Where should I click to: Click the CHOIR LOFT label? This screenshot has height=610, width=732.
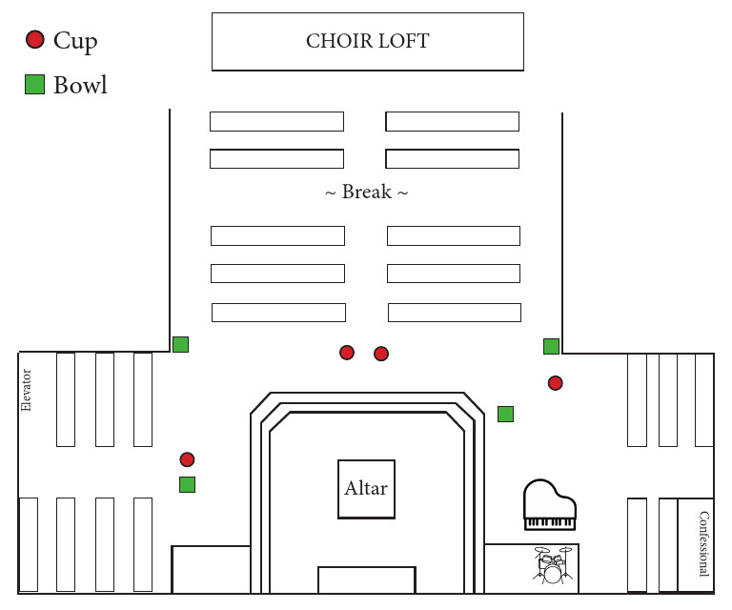pos(367,41)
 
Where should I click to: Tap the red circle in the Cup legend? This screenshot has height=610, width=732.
pos(35,39)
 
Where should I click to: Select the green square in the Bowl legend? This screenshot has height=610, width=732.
pos(35,85)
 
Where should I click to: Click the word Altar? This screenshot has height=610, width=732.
pos(366,488)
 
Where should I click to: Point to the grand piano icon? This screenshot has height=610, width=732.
pos(550,505)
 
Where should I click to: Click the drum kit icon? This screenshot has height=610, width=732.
pos(553,565)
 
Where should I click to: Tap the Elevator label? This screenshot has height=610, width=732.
pos(27,390)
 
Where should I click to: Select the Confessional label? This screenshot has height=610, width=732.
pos(703,544)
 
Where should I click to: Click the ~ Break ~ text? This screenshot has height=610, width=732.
pos(366,193)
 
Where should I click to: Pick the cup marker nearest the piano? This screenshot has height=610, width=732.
pos(555,383)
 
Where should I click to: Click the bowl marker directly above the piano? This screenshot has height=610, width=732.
pos(505,414)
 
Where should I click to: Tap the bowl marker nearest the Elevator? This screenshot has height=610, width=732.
pos(180,344)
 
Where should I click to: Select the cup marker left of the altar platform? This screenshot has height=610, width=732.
pos(187,459)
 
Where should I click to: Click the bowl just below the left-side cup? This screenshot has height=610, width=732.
pos(187,484)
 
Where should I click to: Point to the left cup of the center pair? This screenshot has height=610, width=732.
pos(347,353)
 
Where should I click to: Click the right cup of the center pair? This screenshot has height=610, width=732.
pos(381,354)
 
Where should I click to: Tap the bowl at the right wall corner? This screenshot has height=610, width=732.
pos(551,346)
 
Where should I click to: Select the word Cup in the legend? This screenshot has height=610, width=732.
pos(75,40)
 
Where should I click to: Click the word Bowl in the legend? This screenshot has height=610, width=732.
pos(80,85)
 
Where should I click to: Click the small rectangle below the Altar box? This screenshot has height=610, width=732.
pos(366,579)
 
